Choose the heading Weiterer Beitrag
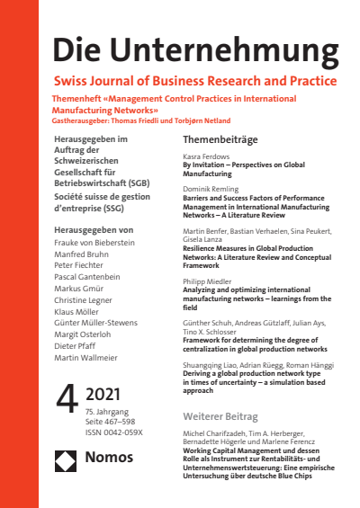[x=220, y=417]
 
